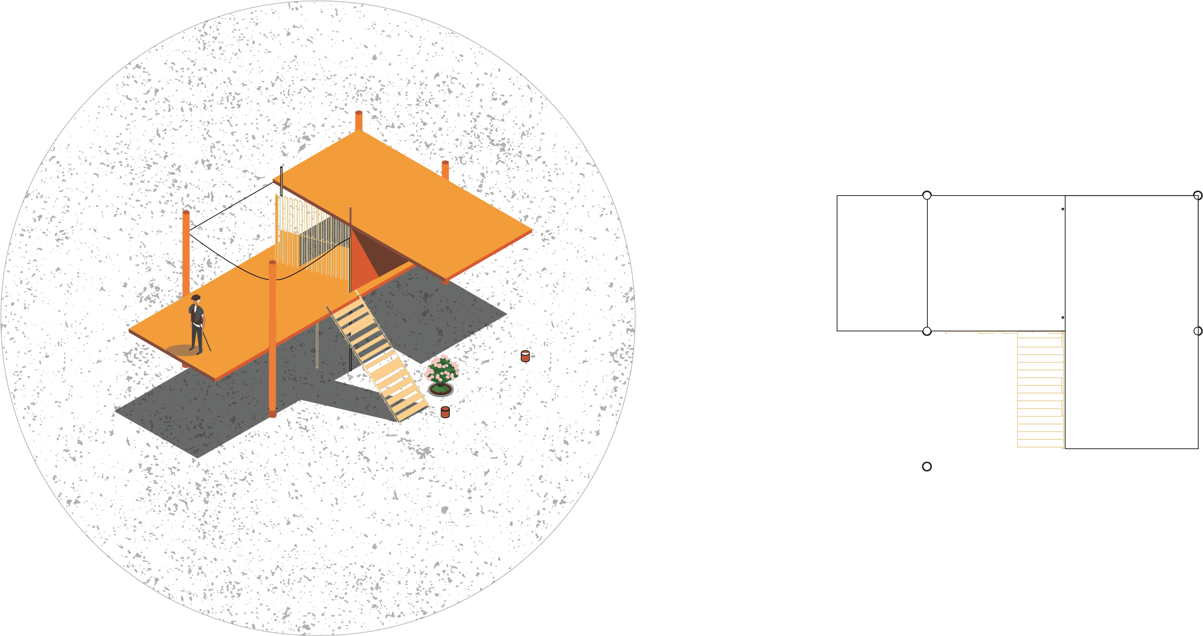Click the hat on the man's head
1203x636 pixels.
click(x=196, y=298)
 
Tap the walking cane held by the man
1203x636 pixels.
click(x=207, y=340)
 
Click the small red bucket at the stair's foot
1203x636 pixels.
click(x=445, y=412)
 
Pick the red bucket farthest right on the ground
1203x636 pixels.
click(x=525, y=356)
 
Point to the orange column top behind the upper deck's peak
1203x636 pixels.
click(x=358, y=120)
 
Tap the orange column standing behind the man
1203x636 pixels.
click(x=186, y=253)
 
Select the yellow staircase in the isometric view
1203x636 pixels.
click(x=379, y=357)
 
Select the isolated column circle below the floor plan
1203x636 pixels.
click(x=927, y=467)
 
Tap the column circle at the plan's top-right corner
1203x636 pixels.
click(x=1198, y=196)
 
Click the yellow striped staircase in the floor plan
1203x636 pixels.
click(x=1040, y=390)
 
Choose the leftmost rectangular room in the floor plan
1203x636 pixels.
click(x=882, y=263)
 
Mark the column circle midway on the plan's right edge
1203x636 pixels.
click(x=1198, y=331)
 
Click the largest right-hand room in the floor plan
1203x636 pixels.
click(x=1132, y=322)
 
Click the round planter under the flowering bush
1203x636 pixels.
click(x=441, y=390)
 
